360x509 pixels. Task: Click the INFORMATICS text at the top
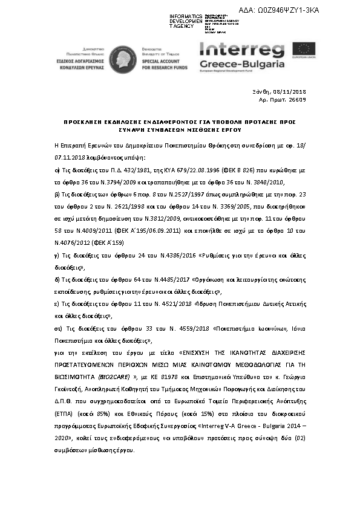pos(186,16)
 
